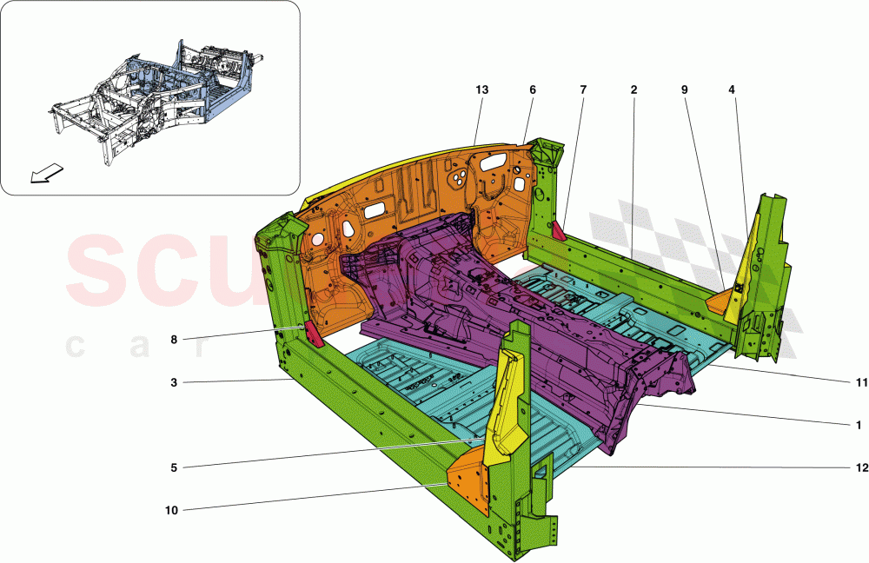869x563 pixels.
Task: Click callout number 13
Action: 482,89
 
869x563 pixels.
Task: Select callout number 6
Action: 533,89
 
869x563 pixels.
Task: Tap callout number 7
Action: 582,89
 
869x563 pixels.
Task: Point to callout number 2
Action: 634,89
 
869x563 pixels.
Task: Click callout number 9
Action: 685,89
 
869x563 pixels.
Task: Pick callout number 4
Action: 733,89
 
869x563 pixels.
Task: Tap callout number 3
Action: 174,381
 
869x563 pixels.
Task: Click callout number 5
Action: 174,468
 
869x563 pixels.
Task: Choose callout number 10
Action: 171,511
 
